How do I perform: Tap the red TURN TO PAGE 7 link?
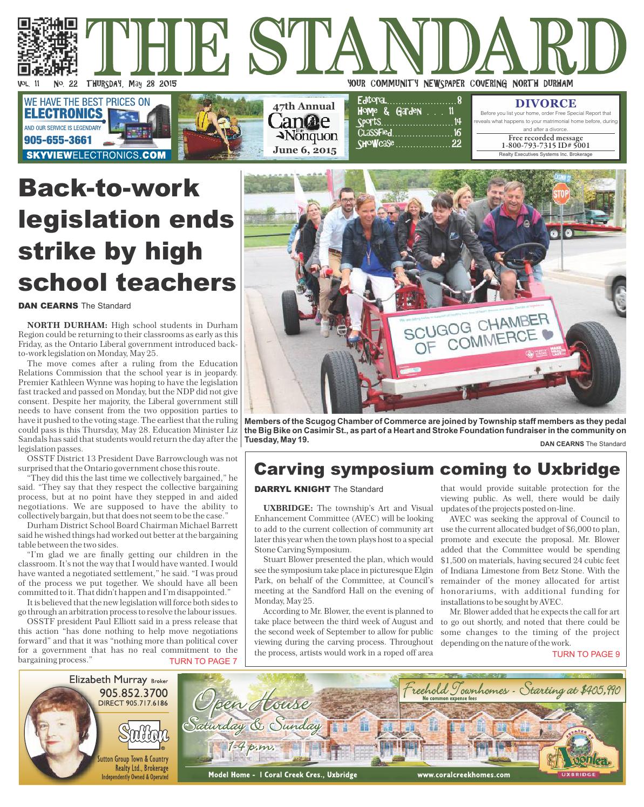coord(203,661)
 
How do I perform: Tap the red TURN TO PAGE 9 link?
coord(586,654)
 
